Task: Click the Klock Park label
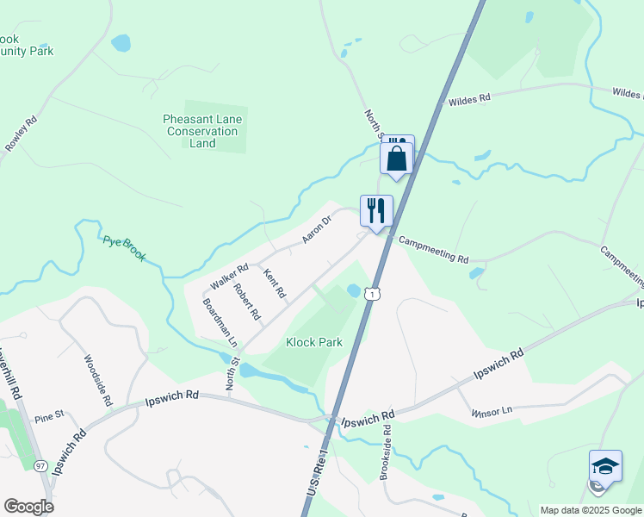314,342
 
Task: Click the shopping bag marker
397,158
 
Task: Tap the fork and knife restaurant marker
376,210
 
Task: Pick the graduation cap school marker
605,466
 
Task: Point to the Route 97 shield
40,466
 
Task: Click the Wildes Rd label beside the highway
469,100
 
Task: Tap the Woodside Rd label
96,380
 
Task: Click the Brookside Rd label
386,452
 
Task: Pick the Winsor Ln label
492,412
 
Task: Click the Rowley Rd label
22,134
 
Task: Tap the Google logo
28,506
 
